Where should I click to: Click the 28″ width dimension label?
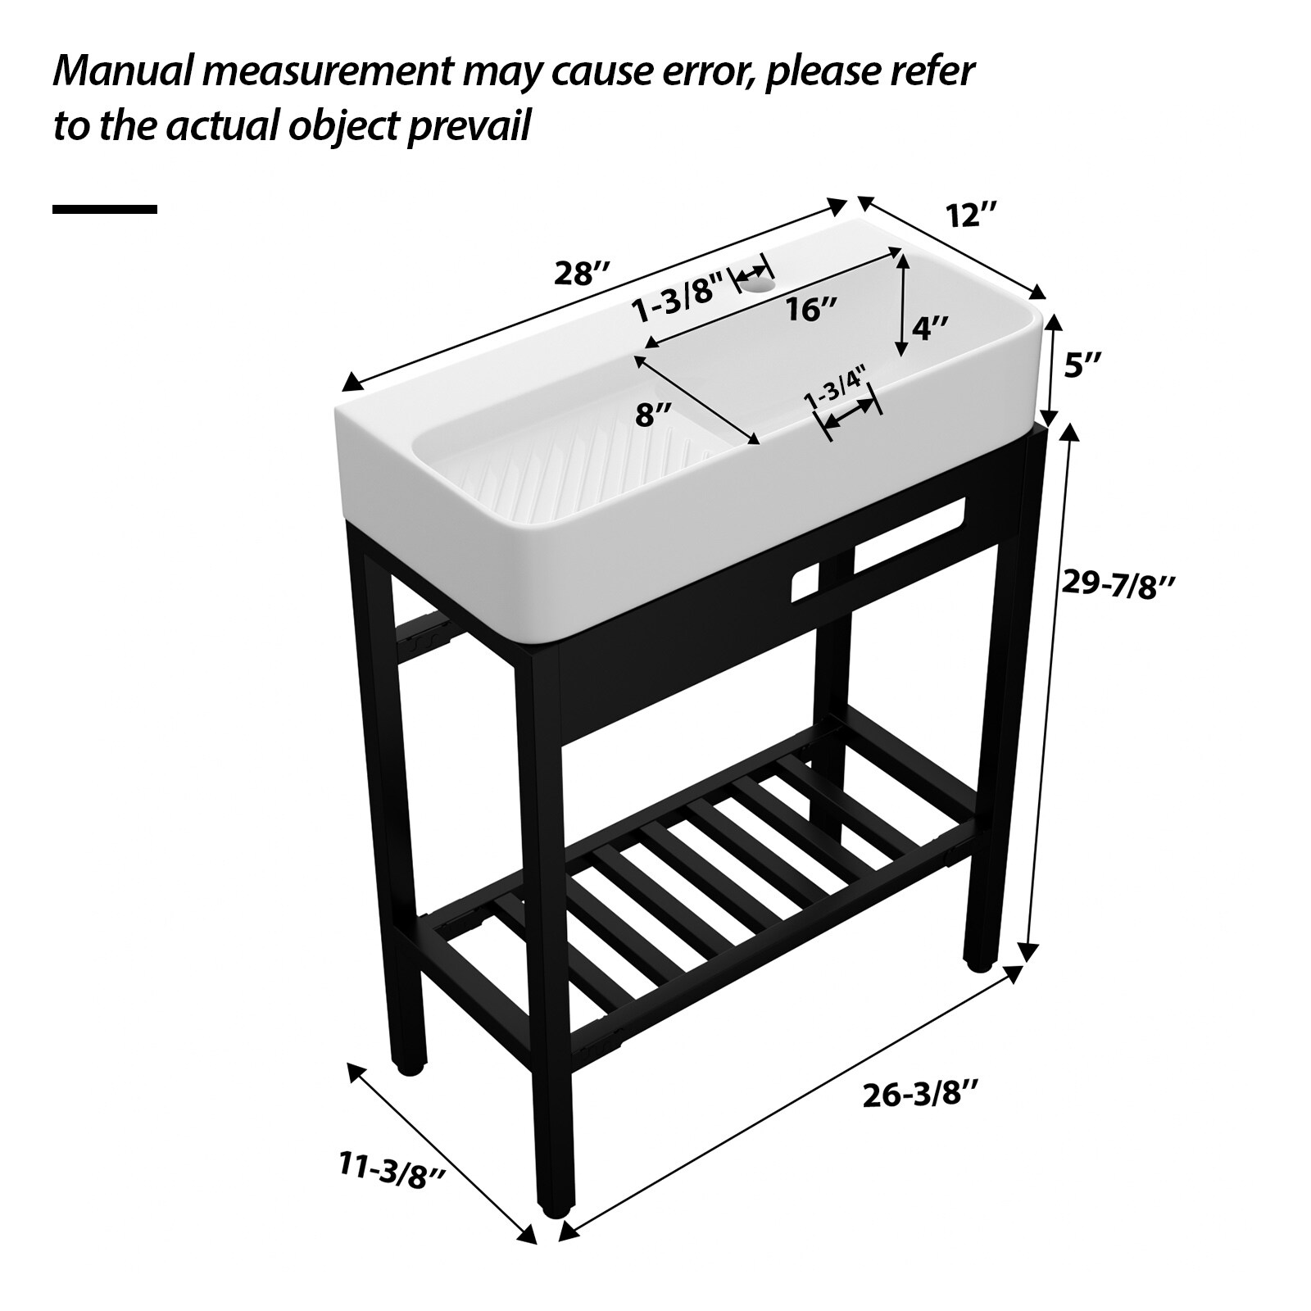583,273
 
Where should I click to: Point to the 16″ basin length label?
811,310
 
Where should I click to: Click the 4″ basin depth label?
930,329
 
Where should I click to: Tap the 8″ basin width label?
654,415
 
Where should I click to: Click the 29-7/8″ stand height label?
1119,585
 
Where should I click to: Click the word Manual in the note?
120,72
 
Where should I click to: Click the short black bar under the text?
104,210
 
